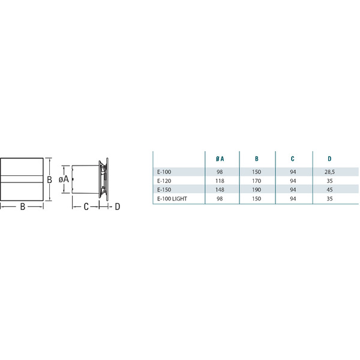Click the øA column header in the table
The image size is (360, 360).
[x=220, y=158]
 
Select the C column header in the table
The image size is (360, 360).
[x=293, y=158]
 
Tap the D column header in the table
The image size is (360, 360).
[x=329, y=158]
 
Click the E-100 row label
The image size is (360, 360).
[x=164, y=172]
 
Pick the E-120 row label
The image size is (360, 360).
[x=164, y=181]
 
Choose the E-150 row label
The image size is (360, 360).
[x=164, y=190]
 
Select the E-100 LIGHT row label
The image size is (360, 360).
[x=172, y=199]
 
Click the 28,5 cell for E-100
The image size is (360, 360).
[x=329, y=172]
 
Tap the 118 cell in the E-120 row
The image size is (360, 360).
[x=220, y=181]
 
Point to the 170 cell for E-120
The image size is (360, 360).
[x=256, y=181]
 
